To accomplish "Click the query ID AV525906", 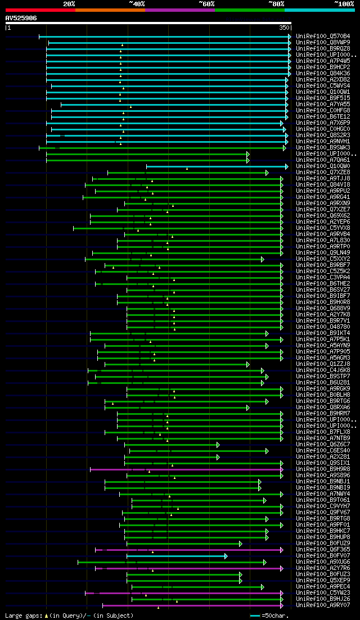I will pyautogui.click(x=21, y=18).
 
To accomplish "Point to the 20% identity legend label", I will pyautogui.click(x=69, y=3).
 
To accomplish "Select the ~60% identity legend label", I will pyautogui.click(x=206, y=3).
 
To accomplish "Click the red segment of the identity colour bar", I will pyautogui.click(x=40, y=10).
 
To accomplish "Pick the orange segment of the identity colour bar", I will pyautogui.click(x=110, y=10).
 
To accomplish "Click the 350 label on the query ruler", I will pyautogui.click(x=283, y=27).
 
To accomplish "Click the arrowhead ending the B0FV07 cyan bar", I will pyautogui.click(x=226, y=556).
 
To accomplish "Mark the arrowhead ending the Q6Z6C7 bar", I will pyautogui.click(x=218, y=445).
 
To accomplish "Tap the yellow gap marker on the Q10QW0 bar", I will pyautogui.click(x=187, y=168).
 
